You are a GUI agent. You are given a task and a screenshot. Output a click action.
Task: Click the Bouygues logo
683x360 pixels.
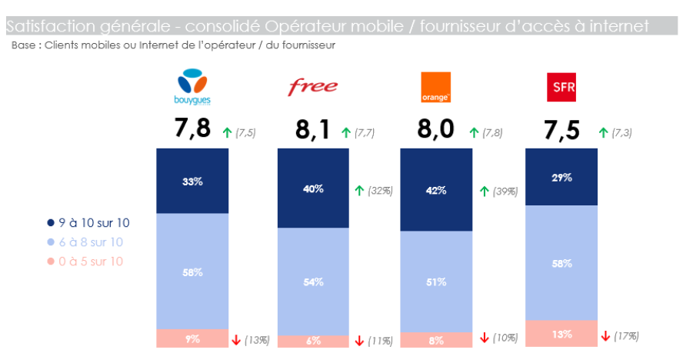pyautogui.click(x=192, y=86)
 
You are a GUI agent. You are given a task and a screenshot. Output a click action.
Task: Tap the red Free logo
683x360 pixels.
pyautogui.click(x=312, y=87)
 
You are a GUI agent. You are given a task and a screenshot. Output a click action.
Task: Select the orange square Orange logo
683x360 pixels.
pyautogui.click(x=435, y=87)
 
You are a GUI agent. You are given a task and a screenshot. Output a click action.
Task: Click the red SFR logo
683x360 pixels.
pyautogui.click(x=559, y=87)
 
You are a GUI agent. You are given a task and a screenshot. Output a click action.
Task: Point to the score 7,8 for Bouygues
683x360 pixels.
pyautogui.click(x=192, y=128)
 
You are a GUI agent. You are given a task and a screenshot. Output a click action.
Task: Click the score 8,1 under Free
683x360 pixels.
pyautogui.click(x=314, y=130)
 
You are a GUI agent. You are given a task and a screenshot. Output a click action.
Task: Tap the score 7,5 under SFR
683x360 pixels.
pyautogui.click(x=561, y=130)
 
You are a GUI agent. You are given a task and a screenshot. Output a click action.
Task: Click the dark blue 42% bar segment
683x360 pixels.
pyautogui.click(x=436, y=190)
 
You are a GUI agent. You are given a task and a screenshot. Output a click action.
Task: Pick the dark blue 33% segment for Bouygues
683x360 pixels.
pyautogui.click(x=192, y=182)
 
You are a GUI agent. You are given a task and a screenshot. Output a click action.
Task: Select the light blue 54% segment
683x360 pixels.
pyautogui.click(x=313, y=282)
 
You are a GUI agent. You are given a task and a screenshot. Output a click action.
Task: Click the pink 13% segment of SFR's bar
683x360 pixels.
pyautogui.click(x=561, y=334)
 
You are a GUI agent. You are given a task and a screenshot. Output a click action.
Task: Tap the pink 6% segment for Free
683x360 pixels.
pyautogui.click(x=313, y=341)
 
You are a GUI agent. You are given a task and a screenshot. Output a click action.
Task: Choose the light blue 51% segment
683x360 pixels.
pyautogui.click(x=436, y=282)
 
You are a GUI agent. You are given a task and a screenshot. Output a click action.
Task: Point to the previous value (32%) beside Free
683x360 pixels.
pyautogui.click(x=379, y=191)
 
